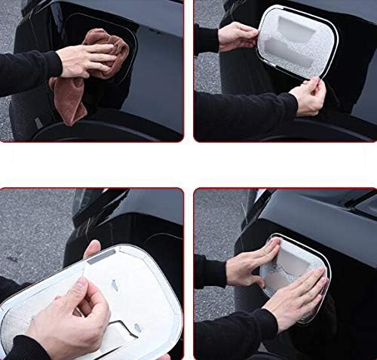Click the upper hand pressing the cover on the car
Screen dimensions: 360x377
point(252,264)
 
